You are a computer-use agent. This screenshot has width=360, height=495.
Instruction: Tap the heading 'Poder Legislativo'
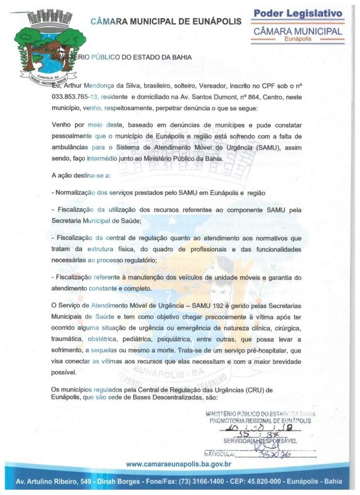click(298, 13)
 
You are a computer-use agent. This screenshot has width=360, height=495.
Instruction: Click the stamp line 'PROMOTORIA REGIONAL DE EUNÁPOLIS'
click(260, 421)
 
